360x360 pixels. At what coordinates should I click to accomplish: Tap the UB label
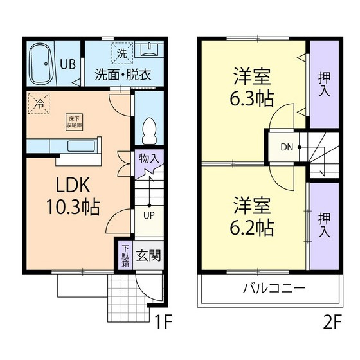pyautogui.click(x=67, y=64)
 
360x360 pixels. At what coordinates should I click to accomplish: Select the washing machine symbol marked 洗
pyautogui.click(x=121, y=53)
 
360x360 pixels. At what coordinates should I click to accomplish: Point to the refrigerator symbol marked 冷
pyautogui.click(x=39, y=104)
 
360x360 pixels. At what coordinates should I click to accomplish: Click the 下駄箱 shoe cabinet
pyautogui.click(x=125, y=256)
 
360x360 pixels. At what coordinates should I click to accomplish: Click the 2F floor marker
pyautogui.click(x=332, y=322)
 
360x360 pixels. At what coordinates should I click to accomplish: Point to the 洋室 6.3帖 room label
pyautogui.click(x=253, y=89)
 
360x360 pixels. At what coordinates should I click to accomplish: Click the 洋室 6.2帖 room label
pyautogui.click(x=253, y=217)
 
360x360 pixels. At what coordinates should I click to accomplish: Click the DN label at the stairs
pyautogui.click(x=286, y=147)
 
